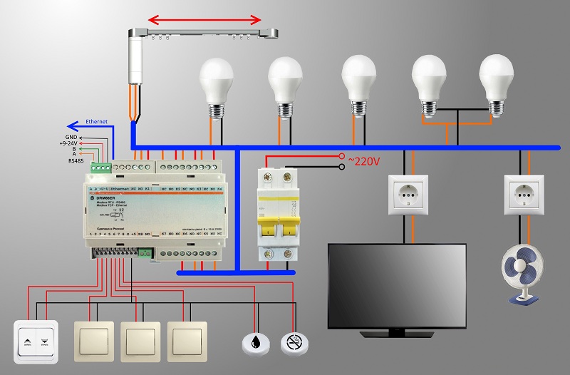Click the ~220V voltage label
pos(363,161)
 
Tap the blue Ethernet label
pos(96,121)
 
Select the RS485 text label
pos(75,161)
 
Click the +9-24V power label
pos(72,142)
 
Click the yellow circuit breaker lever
pos(275,230)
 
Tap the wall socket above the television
pos(408,192)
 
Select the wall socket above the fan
pos(527,192)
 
